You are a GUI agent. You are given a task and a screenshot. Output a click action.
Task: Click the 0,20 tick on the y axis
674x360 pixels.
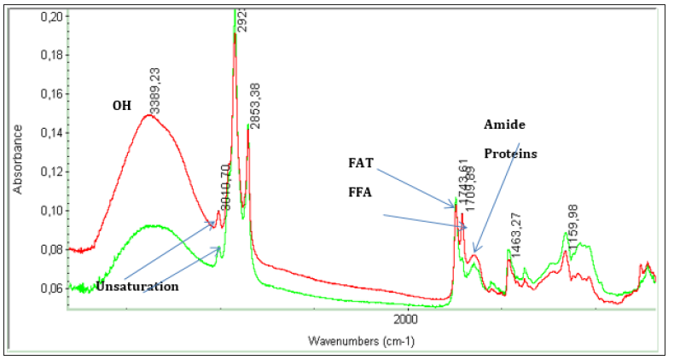click(x=49, y=17)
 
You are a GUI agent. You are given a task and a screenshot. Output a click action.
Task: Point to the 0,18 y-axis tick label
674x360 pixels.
click(x=49, y=56)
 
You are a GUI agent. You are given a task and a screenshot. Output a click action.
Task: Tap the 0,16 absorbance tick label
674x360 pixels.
click(x=49, y=95)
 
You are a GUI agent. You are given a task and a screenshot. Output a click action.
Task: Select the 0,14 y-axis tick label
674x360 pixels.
click(x=49, y=133)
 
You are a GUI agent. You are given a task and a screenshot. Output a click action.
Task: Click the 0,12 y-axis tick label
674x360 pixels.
click(x=49, y=171)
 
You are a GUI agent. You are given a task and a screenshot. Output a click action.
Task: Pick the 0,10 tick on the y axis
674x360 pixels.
click(x=49, y=211)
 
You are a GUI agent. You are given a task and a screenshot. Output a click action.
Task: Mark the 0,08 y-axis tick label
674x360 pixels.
click(x=49, y=249)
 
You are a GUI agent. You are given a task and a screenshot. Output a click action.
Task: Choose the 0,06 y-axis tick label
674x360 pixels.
click(x=49, y=288)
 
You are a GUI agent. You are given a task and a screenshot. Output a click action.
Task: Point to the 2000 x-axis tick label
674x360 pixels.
click(x=406, y=319)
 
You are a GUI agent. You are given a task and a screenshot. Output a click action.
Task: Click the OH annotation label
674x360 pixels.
click(x=122, y=106)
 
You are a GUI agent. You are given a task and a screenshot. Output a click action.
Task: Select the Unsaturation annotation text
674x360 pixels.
click(x=137, y=287)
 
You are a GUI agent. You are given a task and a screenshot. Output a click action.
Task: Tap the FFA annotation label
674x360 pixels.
click(x=361, y=192)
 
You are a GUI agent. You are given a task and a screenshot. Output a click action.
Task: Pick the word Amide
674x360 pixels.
click(x=505, y=125)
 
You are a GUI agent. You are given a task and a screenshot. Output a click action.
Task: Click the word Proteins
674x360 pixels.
click(x=510, y=154)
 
